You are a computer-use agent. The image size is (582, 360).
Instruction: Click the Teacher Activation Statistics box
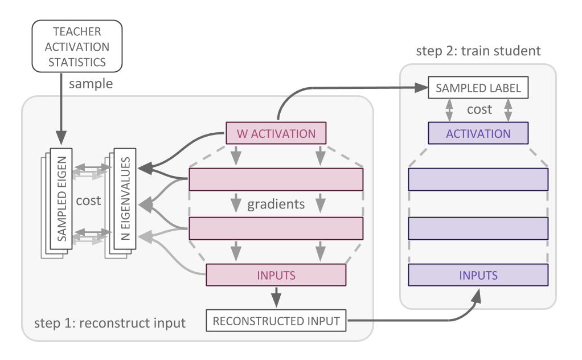tap(77, 46)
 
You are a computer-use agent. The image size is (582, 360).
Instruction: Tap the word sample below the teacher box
tap(91, 84)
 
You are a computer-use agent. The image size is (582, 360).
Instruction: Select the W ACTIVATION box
tap(276, 133)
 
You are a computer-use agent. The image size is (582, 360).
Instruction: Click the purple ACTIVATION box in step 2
tap(478, 133)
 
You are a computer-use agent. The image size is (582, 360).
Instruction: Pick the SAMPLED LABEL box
tap(478, 88)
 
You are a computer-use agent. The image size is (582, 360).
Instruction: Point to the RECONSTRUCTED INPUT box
tap(276, 321)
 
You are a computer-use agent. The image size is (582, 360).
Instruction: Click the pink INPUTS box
tap(276, 275)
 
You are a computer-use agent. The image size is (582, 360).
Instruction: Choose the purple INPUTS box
tap(478, 275)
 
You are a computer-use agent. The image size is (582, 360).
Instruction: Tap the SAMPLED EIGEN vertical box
tap(62, 199)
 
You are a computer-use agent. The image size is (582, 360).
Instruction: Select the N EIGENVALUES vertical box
tap(125, 199)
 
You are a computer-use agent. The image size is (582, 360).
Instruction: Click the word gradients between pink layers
tap(276, 204)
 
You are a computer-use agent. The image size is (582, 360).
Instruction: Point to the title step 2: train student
tap(478, 51)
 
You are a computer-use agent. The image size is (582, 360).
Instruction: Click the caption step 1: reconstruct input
tap(110, 323)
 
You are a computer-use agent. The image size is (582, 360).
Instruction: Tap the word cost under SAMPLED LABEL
tap(479, 109)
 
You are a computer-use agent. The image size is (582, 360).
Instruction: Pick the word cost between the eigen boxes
tap(88, 201)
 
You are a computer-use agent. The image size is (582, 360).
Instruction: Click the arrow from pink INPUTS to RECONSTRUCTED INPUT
tap(276, 297)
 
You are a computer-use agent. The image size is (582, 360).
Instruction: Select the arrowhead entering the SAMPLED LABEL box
tap(421, 88)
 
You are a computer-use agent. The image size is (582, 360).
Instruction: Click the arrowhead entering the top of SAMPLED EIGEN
tap(62, 138)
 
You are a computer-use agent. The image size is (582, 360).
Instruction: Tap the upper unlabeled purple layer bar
tap(478, 179)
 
